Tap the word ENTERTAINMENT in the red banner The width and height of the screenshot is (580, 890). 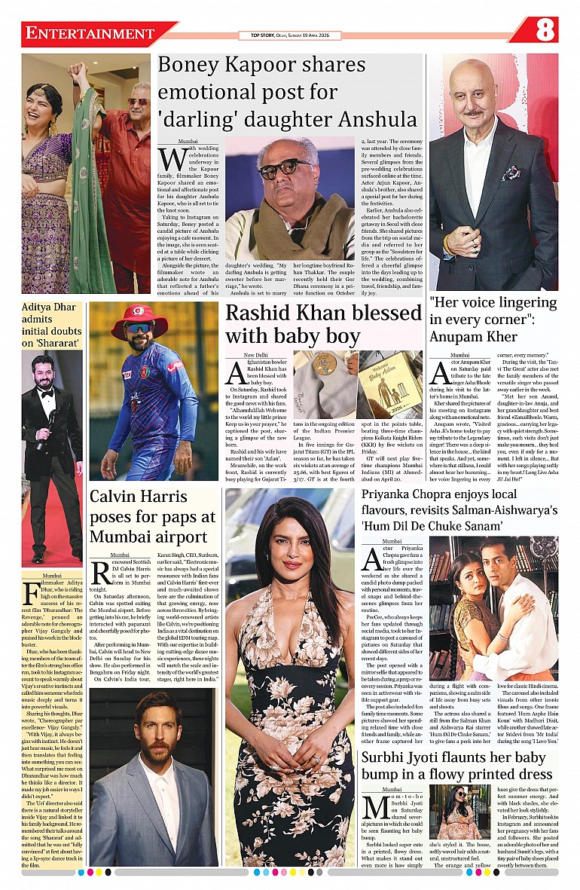click(89, 34)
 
